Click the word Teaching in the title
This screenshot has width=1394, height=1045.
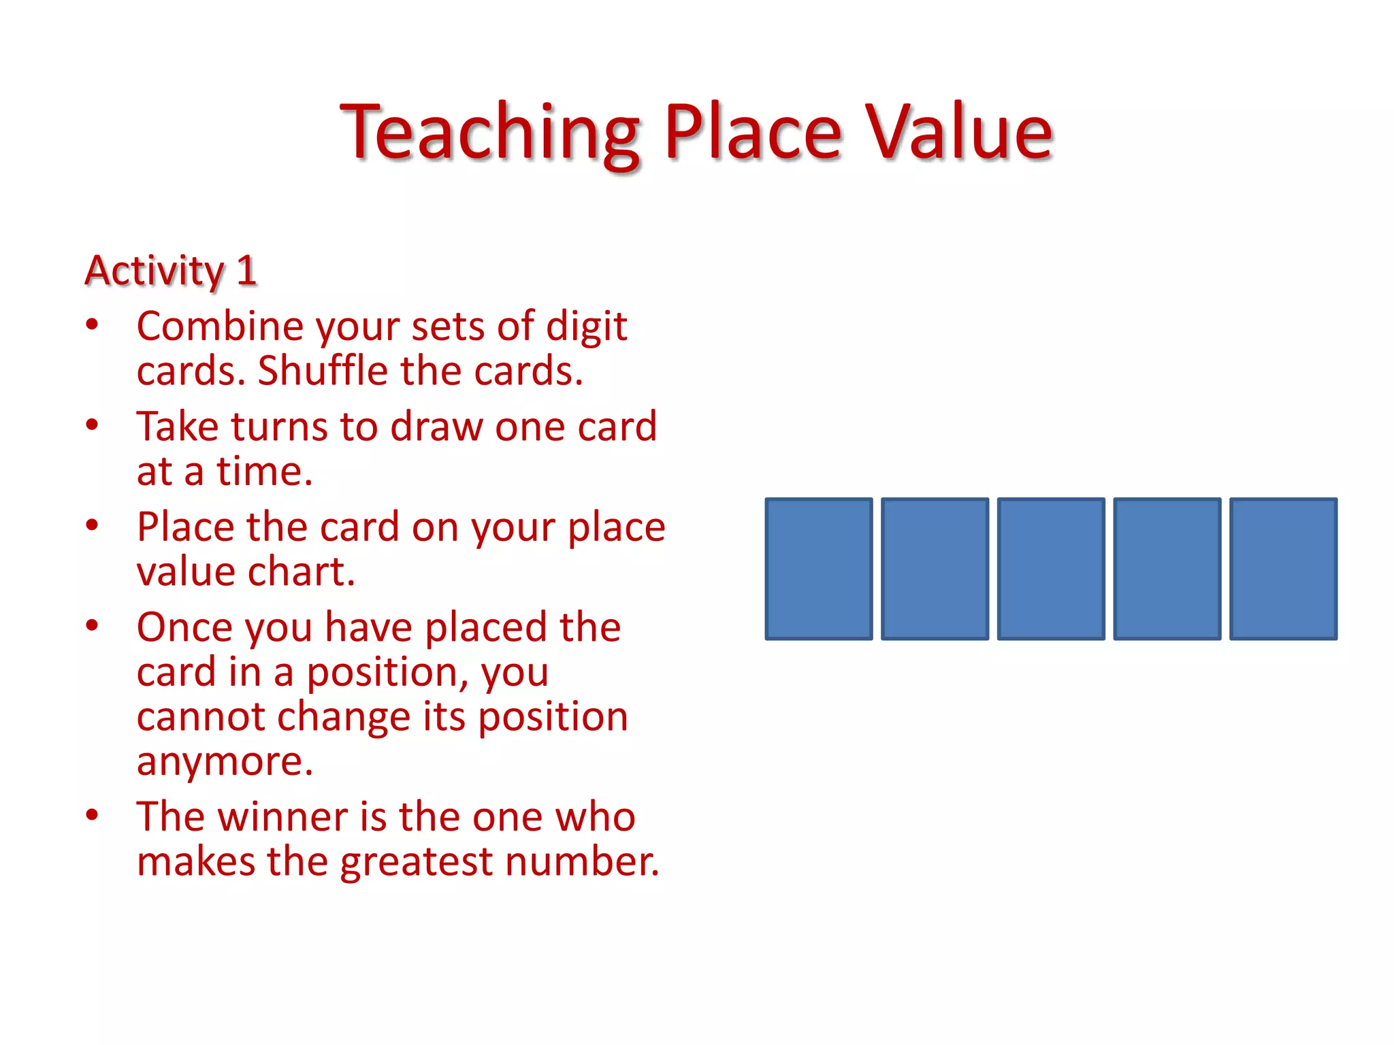(x=490, y=133)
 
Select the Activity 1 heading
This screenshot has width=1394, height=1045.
(x=170, y=271)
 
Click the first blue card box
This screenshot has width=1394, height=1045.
(x=819, y=569)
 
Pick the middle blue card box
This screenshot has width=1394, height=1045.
(x=1051, y=569)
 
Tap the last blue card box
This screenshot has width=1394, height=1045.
(x=1283, y=569)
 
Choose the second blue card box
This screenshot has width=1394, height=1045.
(x=935, y=569)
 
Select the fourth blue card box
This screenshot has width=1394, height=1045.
(x=1167, y=569)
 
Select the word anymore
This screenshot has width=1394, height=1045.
(x=225, y=762)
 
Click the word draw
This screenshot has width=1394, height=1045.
(x=436, y=427)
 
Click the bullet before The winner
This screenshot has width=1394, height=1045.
(x=93, y=815)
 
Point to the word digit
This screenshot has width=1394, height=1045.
(x=586, y=327)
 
